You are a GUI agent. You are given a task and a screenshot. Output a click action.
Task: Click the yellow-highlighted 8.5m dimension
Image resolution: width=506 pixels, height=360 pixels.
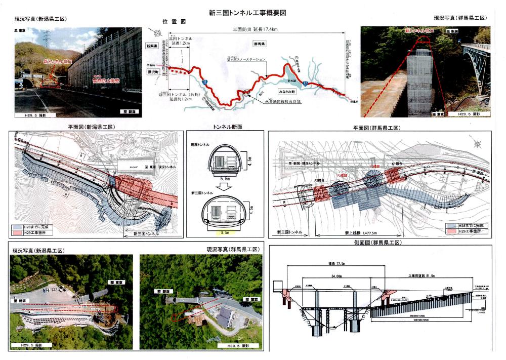pyautogui.click(x=225, y=232)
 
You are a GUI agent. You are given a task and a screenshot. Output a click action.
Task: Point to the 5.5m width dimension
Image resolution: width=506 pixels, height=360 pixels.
pyautogui.click(x=225, y=179)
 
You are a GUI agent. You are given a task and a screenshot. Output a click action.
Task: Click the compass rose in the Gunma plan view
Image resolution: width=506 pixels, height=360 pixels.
pyautogui.click(x=478, y=143)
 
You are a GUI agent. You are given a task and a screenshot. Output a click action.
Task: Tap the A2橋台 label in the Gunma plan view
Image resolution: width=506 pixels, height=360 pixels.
pyautogui.click(x=317, y=180)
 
